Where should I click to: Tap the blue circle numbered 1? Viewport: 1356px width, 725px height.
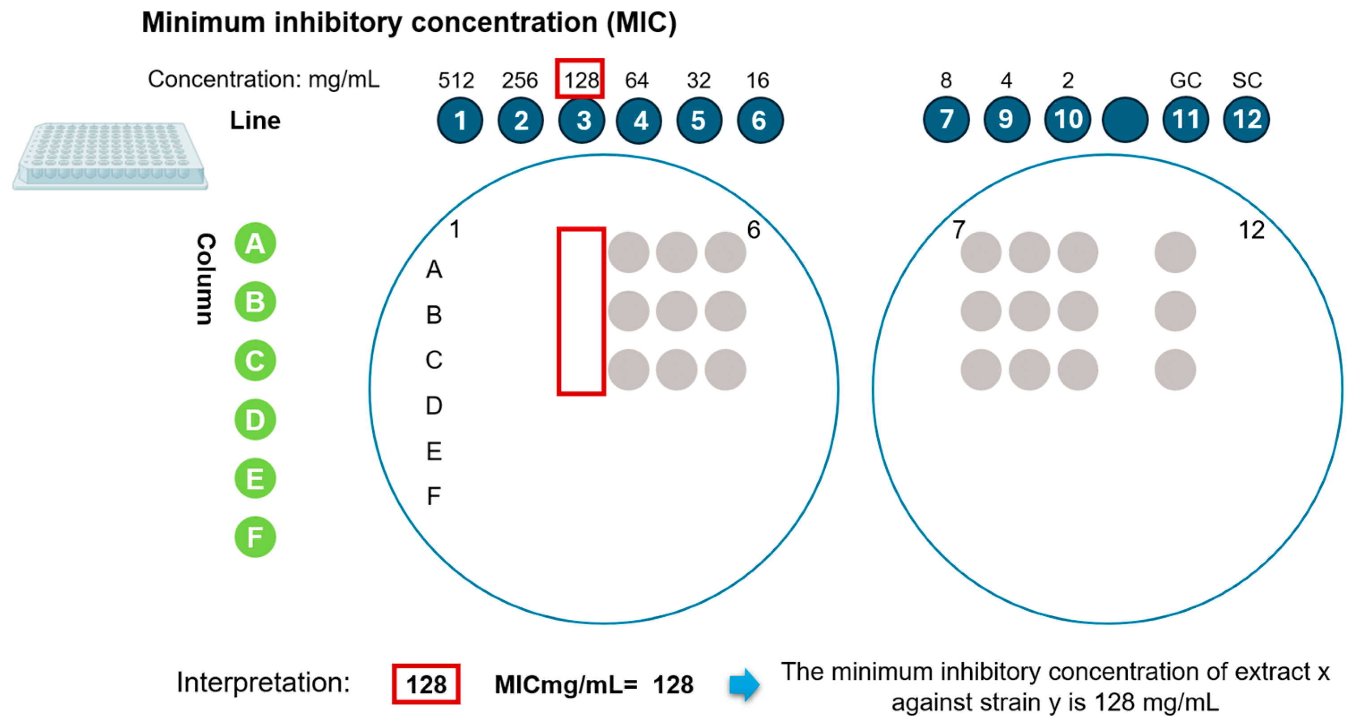[x=460, y=120]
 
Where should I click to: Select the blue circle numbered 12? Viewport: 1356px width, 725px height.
[x=1246, y=119]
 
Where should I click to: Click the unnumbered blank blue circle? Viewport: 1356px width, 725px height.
[x=1125, y=119]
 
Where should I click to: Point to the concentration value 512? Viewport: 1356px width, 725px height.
[x=456, y=81]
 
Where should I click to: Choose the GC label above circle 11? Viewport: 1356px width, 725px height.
[x=1185, y=81]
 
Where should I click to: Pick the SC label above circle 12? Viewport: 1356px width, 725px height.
[x=1246, y=81]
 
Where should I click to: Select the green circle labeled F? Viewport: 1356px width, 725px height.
[x=255, y=537]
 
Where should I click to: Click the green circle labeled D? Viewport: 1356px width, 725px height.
[x=255, y=420]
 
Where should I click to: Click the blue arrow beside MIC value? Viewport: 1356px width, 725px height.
[x=744, y=684]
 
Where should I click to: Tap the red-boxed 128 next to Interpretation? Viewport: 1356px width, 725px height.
[x=426, y=684]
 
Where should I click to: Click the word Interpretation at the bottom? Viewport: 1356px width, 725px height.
[x=263, y=683]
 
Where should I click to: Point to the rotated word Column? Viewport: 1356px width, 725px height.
[x=205, y=279]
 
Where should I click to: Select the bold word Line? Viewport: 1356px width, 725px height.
[x=255, y=120]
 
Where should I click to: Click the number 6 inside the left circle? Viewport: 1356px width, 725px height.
[x=753, y=230]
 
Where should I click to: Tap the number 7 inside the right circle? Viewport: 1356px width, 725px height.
[x=959, y=230]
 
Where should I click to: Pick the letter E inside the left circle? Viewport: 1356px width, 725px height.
[x=434, y=451]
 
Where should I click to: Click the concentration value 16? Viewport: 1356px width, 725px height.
[x=758, y=81]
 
